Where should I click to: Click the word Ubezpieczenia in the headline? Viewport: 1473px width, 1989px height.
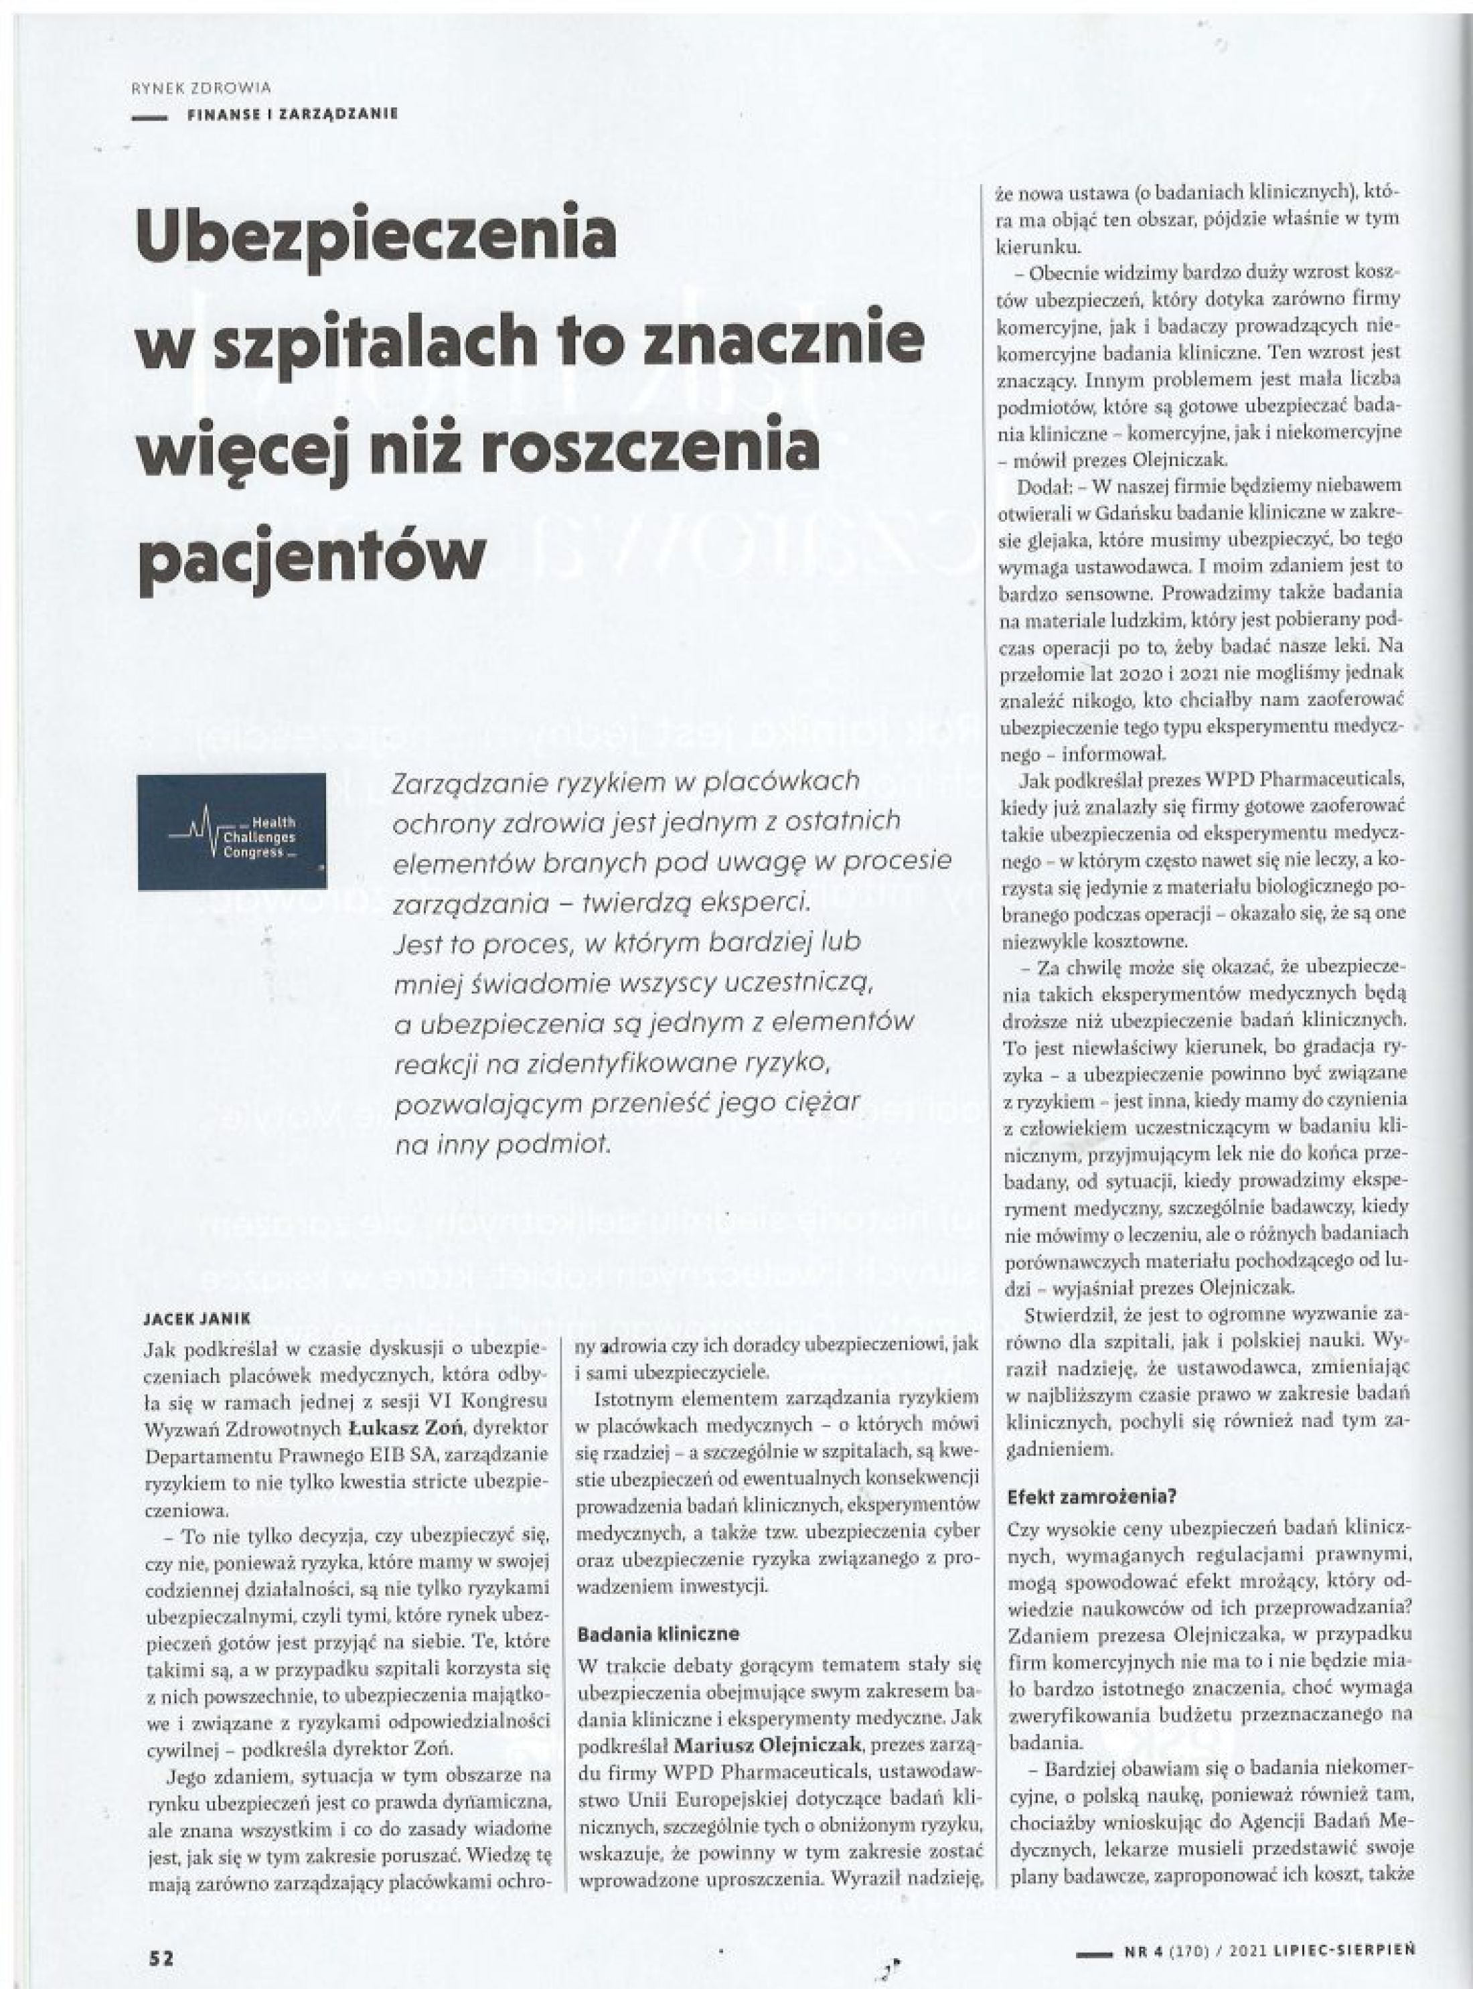click(376, 234)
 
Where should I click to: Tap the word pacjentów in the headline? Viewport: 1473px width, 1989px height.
click(312, 554)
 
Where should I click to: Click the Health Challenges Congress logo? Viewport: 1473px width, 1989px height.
click(232, 831)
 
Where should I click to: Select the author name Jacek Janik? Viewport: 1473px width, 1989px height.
click(197, 1317)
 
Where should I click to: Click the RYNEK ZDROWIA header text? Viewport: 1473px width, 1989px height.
click(201, 88)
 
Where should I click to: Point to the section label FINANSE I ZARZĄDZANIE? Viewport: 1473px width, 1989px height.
click(293, 113)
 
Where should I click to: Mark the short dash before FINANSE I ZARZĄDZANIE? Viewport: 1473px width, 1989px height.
click(149, 115)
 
